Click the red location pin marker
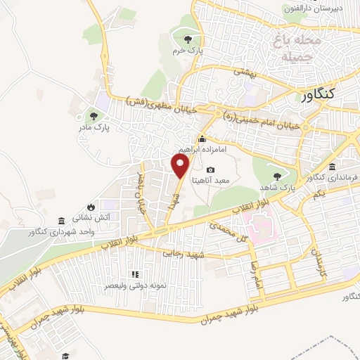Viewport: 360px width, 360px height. [181, 166]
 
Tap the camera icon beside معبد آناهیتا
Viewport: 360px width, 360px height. [211, 170]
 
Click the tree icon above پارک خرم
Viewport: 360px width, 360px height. [187, 39]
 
